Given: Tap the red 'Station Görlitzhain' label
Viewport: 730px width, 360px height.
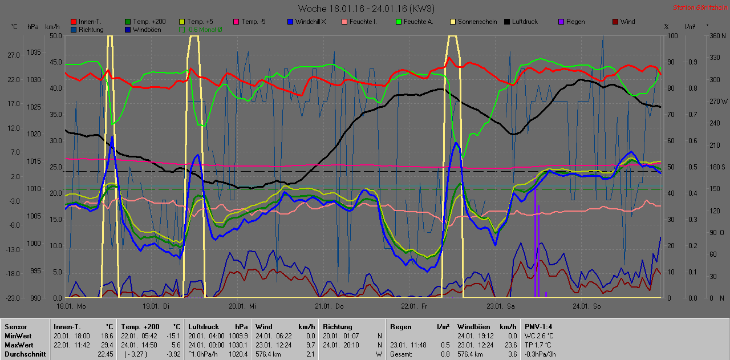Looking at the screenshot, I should (x=699, y=7).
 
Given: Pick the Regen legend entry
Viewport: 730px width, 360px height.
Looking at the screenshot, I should (x=575, y=22).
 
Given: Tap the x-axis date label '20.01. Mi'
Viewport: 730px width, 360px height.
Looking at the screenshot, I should (x=242, y=306).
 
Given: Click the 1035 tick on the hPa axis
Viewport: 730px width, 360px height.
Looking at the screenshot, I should (x=34, y=52).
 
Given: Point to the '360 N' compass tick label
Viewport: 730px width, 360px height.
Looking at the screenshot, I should (x=716, y=35).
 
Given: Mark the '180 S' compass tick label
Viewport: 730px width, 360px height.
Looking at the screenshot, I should (x=716, y=167).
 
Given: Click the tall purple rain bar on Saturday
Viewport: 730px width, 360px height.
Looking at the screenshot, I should (x=536, y=245).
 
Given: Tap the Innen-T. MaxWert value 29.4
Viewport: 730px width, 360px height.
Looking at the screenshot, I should (x=107, y=345).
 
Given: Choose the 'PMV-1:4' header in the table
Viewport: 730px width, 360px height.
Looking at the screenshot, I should (x=538, y=327).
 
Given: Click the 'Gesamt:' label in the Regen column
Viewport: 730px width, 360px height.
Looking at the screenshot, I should (x=401, y=354).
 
